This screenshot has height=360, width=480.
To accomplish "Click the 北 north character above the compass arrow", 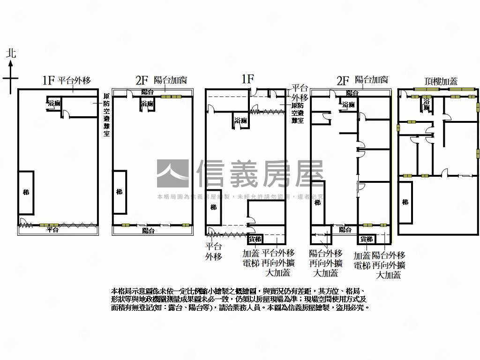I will tap(11, 52).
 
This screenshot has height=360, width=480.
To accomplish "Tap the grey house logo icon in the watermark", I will tap(173, 174).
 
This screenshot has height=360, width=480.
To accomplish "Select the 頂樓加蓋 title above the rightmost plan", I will tap(441, 81).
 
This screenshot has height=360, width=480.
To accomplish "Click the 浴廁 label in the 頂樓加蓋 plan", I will tap(427, 104).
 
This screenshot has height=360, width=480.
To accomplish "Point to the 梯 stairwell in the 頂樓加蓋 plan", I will tap(405, 202).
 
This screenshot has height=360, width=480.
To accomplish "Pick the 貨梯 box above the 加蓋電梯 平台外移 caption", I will tap(255, 240).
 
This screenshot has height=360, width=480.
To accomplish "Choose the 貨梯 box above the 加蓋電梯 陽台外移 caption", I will tap(366, 240).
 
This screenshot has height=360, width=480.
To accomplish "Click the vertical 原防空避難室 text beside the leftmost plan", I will tap(106, 115).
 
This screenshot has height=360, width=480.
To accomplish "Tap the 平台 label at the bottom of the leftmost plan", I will tap(52, 230).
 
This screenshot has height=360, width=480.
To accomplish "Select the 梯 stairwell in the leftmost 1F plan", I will tap(26, 192).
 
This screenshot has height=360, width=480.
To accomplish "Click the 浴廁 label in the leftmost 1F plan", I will tap(54, 103).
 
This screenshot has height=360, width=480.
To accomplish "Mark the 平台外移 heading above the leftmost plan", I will tap(74, 80).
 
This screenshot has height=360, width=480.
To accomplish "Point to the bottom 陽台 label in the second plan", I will tap(149, 231).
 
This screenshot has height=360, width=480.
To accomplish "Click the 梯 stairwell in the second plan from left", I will tap(120, 192).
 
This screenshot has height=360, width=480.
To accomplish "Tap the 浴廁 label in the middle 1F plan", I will tap(240, 121).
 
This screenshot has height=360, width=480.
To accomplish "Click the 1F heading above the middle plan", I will tap(247, 79).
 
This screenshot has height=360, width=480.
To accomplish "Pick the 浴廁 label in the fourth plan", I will tap(348, 105).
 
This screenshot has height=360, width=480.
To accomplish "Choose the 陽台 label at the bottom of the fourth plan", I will tap(345, 230).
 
